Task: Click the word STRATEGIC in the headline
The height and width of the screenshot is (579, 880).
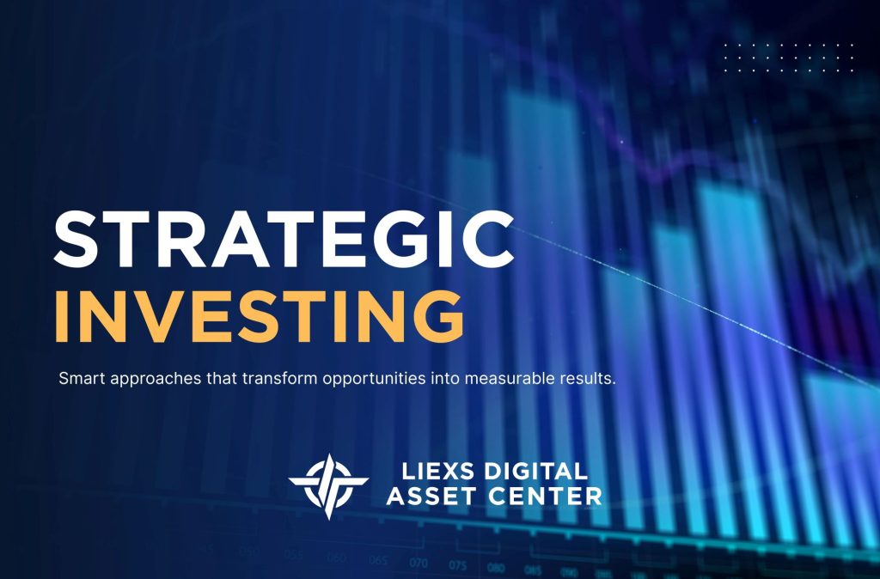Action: [284, 240]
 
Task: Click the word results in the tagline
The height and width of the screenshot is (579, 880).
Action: [590, 378]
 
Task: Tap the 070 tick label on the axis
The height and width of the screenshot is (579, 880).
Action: [419, 564]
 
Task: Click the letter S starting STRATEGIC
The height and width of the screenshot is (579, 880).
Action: [76, 240]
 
